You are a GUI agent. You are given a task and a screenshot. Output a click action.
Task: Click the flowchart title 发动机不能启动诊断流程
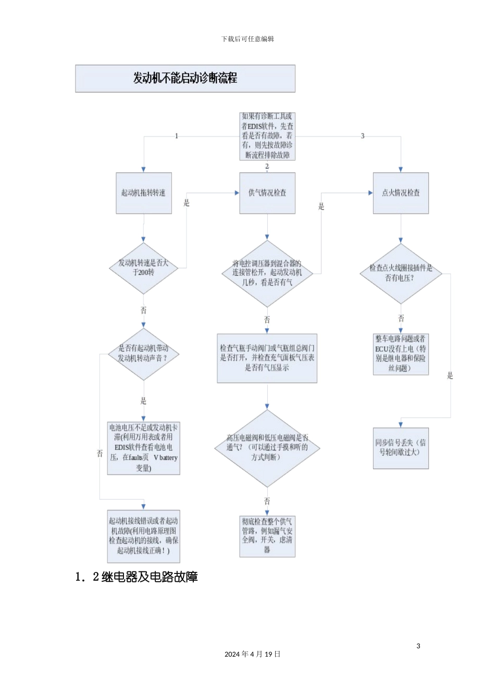pos(185,79)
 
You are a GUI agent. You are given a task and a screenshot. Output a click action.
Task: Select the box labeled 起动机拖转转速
pos(143,193)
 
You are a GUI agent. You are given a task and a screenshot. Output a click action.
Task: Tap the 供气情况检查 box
pos(267,193)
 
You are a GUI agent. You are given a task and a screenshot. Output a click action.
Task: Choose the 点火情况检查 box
pos(401,193)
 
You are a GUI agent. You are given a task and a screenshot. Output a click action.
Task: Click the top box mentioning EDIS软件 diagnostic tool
pos(267,136)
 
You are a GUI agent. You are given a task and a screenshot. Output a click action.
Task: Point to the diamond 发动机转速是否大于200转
pos(143,268)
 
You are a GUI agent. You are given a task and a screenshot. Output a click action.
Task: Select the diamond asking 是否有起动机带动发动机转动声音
pos(143,354)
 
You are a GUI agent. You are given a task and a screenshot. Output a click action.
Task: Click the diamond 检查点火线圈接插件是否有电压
pos(401,273)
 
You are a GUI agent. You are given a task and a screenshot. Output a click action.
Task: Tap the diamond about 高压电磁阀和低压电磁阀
pos(267,448)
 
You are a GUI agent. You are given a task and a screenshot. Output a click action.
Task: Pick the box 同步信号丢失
pos(401,448)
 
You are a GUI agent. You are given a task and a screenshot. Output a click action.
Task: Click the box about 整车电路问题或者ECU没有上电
pos(401,354)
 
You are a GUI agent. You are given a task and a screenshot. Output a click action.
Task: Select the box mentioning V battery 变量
pos(143,448)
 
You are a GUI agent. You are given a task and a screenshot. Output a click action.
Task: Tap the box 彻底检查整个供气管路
pos(267,536)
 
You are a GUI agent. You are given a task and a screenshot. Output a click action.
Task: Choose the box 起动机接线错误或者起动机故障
pos(143,536)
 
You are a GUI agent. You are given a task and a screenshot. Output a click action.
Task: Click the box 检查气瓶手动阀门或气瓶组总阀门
pos(267,358)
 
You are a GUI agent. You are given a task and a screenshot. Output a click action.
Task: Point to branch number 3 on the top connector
pos(363,136)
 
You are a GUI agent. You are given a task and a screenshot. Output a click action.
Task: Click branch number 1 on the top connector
pos(177,136)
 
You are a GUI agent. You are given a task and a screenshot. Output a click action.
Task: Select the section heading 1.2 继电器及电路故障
pos(137,577)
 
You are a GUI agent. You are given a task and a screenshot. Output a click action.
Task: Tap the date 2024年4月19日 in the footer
pos(252,654)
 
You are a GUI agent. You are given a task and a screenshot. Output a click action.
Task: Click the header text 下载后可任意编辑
pos(247,39)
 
